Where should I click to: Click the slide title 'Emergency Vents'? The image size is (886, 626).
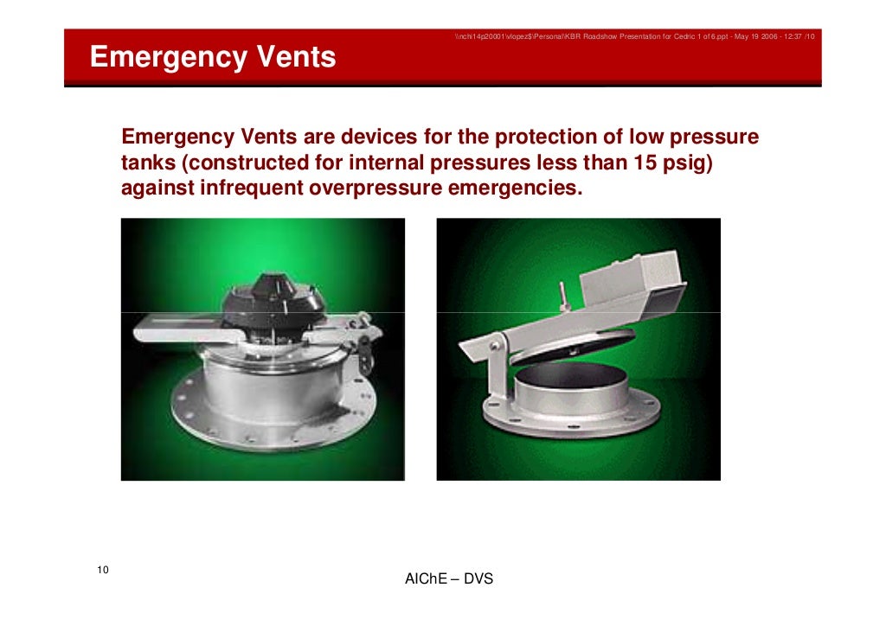(x=213, y=58)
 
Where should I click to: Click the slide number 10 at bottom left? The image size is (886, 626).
(x=103, y=569)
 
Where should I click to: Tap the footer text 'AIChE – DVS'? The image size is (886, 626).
(x=448, y=578)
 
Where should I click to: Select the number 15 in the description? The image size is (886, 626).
(x=633, y=163)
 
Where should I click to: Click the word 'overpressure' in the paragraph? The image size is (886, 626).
(x=375, y=188)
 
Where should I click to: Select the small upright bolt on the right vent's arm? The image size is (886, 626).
(x=562, y=296)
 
